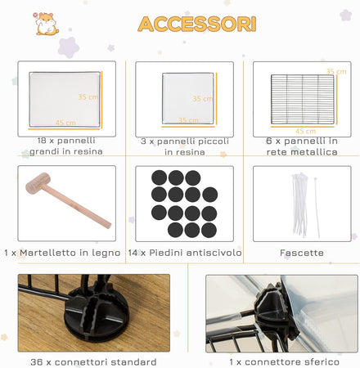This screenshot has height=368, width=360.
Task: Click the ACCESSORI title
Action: point(197,24)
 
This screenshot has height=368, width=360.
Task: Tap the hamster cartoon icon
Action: point(47,24)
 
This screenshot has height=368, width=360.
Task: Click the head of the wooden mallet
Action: point(38,183)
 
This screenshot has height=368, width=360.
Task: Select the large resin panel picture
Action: point(65,100)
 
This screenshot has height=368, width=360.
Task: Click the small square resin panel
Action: point(188,98)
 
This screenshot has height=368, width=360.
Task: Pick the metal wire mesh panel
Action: point(302,99)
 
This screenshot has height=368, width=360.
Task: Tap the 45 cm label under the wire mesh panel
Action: point(306,132)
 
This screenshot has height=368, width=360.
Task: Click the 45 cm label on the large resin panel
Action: point(65,123)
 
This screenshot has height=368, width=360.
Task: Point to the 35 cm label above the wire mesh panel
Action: point(336,71)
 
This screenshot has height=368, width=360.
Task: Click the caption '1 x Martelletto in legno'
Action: point(62,253)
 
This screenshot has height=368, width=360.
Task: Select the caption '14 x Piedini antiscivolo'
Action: point(185,253)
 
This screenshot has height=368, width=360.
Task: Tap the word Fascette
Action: point(302,253)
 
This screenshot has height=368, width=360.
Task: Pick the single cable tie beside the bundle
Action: point(317,208)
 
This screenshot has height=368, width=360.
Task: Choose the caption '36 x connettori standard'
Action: point(93,362)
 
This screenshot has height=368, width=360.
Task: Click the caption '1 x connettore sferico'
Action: point(285,362)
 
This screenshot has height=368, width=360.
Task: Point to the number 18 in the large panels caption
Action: point(42,141)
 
